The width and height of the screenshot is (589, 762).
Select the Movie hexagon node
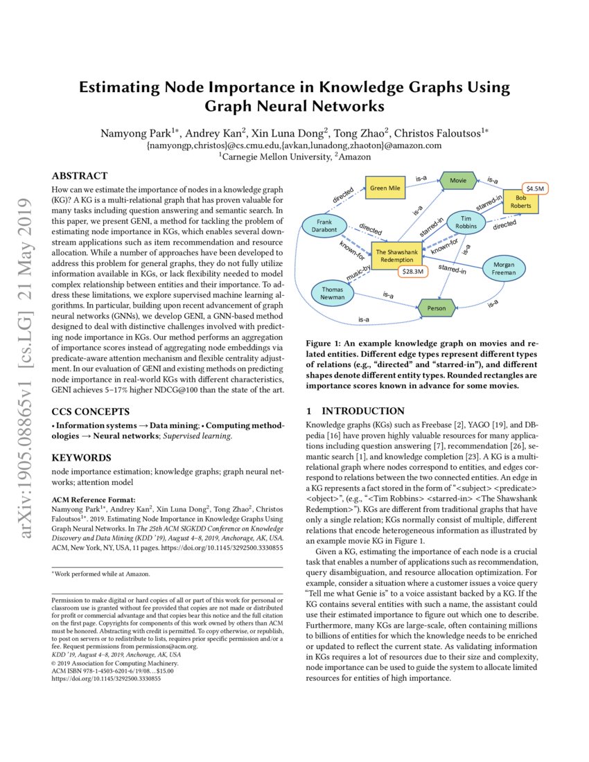(x=458, y=180)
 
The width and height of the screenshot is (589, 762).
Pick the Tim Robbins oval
(x=465, y=222)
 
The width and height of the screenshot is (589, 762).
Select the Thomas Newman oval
(x=333, y=292)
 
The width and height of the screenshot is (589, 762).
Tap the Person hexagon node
(x=437, y=306)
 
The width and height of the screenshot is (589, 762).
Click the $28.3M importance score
(x=414, y=272)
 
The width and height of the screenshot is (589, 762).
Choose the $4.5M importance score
(x=534, y=188)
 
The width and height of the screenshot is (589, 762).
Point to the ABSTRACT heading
(x=80, y=176)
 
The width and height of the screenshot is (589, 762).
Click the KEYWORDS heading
(x=81, y=458)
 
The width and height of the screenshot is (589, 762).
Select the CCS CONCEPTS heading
(x=91, y=411)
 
